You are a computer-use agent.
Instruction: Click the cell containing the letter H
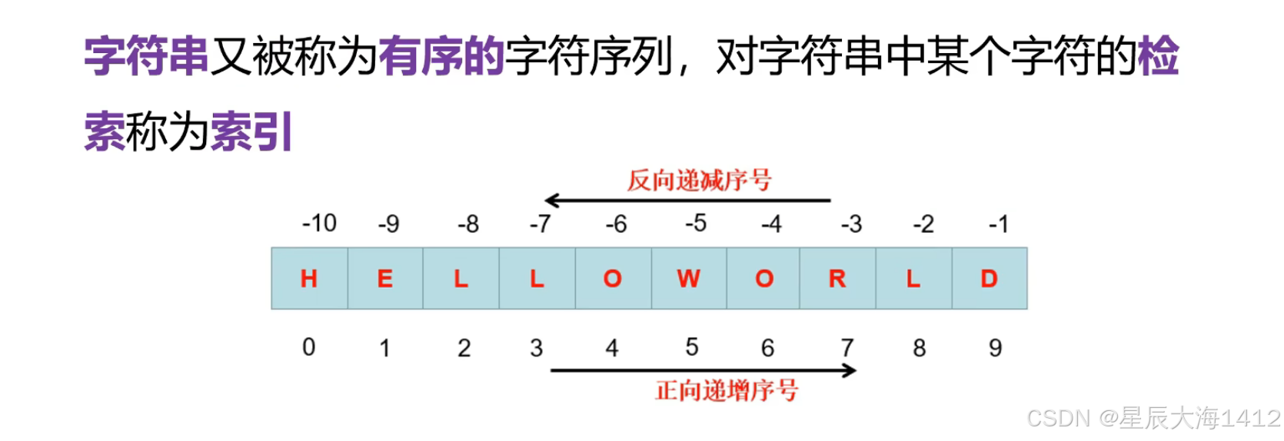pos(309,278)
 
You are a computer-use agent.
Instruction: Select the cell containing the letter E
pos(385,278)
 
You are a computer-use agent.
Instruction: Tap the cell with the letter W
pos(689,278)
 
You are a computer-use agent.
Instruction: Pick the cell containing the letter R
pos(837,278)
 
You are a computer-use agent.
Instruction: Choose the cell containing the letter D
pos(990,278)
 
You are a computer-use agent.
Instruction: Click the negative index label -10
pos(319,224)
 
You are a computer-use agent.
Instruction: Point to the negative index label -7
pos(540,224)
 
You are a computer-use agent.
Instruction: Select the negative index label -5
pos(695,224)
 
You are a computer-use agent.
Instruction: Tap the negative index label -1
pos(998,224)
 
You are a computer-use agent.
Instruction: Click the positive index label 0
pos(308,347)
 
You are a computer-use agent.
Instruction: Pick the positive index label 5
pos(692,347)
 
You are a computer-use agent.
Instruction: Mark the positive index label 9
pos(995,348)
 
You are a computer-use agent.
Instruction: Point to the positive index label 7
pos(847,348)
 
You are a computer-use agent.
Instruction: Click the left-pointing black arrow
pos(687,201)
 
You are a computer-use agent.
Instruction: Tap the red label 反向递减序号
pos(699,181)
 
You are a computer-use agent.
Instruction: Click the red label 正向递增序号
pos(727,390)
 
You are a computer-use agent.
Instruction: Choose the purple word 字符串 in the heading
pos(146,56)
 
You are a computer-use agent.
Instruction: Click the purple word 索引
pos(251,131)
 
